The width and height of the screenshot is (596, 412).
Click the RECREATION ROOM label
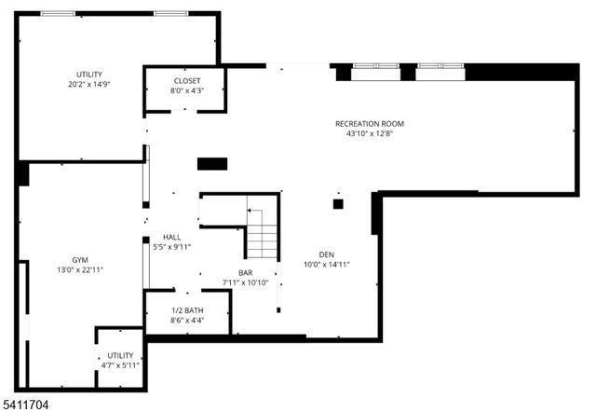(370, 123)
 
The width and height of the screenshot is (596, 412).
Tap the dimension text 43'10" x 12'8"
(370, 133)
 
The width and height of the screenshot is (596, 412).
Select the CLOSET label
(187, 81)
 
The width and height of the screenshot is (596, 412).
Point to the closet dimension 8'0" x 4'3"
(187, 91)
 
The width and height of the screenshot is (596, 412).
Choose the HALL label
(172, 237)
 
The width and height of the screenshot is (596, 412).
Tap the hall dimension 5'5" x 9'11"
(172, 247)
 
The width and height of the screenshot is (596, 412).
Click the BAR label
(245, 272)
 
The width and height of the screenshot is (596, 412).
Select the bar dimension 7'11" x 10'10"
(245, 282)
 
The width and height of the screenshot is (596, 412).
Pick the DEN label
(326, 254)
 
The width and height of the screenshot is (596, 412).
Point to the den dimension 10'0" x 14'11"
(326, 264)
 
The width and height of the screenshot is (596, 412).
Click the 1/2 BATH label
(187, 309)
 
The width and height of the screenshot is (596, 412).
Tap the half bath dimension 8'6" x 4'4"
(187, 320)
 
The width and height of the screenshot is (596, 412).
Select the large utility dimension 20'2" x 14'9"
(89, 85)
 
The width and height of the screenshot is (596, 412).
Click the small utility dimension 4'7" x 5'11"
(120, 365)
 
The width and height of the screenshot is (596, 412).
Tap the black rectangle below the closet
(211, 164)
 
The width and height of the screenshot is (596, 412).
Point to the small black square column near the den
(338, 203)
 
